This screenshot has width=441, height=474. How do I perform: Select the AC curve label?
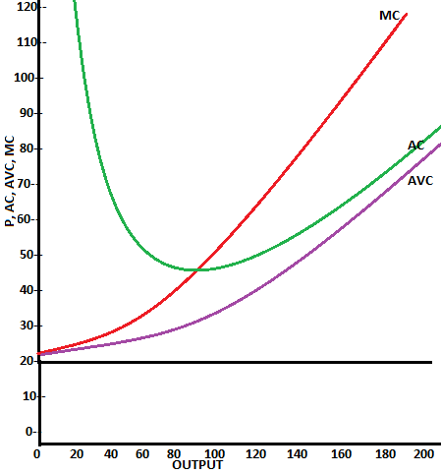pyautogui.click(x=416, y=146)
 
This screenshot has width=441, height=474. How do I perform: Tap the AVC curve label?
pyautogui.click(x=420, y=181)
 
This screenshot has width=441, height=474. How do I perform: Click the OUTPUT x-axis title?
pyautogui.click(x=196, y=464)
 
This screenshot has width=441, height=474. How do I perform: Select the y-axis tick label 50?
pyautogui.click(x=27, y=255)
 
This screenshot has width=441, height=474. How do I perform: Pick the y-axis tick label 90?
pyautogui.click(x=27, y=113)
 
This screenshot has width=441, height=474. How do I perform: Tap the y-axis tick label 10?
pyautogui.click(x=27, y=395)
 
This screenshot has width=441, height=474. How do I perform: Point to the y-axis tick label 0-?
pyautogui.click(x=29, y=431)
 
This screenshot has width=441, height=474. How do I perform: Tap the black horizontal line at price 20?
pyautogui.click(x=236, y=362)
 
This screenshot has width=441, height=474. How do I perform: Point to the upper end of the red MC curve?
pyautogui.click(x=406, y=14)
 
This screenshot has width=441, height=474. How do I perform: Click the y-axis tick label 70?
pyautogui.click(x=27, y=184)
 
